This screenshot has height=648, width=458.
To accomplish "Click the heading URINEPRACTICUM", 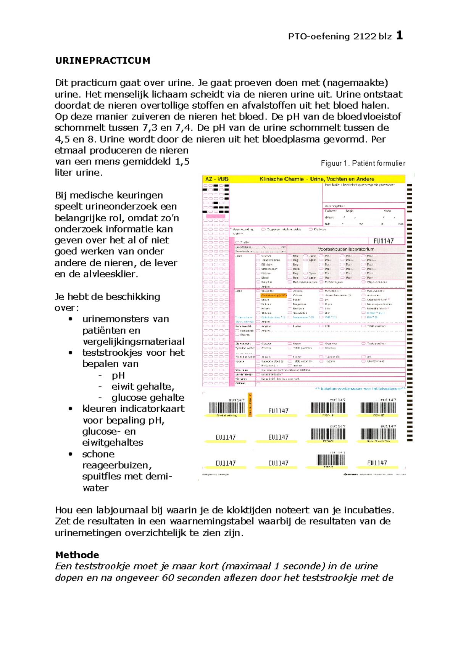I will click(103, 61).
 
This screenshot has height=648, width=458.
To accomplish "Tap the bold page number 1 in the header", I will click(399, 36).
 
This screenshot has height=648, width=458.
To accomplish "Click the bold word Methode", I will click(77, 555).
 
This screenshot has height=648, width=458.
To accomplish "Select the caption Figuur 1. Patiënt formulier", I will click(363, 163).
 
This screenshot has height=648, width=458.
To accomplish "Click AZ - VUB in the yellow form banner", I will click(217, 179).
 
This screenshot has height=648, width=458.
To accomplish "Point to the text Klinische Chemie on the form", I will click(282, 179).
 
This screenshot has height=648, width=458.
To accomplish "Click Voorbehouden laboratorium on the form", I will click(346, 249).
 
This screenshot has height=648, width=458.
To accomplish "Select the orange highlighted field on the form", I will click(273, 295).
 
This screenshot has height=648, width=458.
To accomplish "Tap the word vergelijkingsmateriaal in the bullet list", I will click(134, 342).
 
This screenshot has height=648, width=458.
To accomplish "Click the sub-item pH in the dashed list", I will click(118, 376).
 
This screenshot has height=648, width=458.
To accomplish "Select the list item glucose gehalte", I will click(148, 398).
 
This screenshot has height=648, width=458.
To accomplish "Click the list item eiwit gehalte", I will click(143, 387).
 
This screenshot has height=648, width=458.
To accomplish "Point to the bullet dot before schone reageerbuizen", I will click(70, 454).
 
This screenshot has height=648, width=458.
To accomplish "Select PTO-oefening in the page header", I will click(319, 37).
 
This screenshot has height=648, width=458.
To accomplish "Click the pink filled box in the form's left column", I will click(216, 216).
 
